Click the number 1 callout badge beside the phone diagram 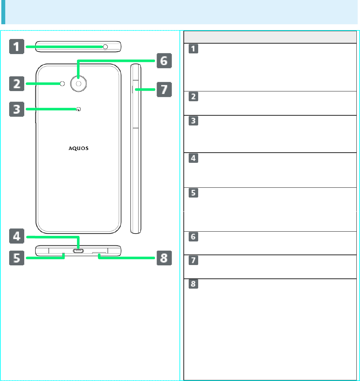point(16,47)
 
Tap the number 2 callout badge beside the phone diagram point(16,84)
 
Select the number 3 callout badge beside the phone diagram point(16,109)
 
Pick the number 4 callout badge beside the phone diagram point(16,236)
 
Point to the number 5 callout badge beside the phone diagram point(16,258)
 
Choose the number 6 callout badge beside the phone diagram point(164,61)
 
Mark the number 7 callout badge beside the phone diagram point(164,89)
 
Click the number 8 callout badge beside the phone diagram point(164,258)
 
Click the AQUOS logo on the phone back point(79,148)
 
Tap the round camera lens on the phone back point(79,84)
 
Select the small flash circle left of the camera point(63,84)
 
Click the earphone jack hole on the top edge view point(105,47)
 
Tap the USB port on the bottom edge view point(78,251)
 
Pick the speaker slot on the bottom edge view point(99,254)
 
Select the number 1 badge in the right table point(194,49)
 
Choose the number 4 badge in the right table point(194,158)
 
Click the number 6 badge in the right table point(194,237)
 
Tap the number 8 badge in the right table point(194,284)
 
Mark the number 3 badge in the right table point(194,121)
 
